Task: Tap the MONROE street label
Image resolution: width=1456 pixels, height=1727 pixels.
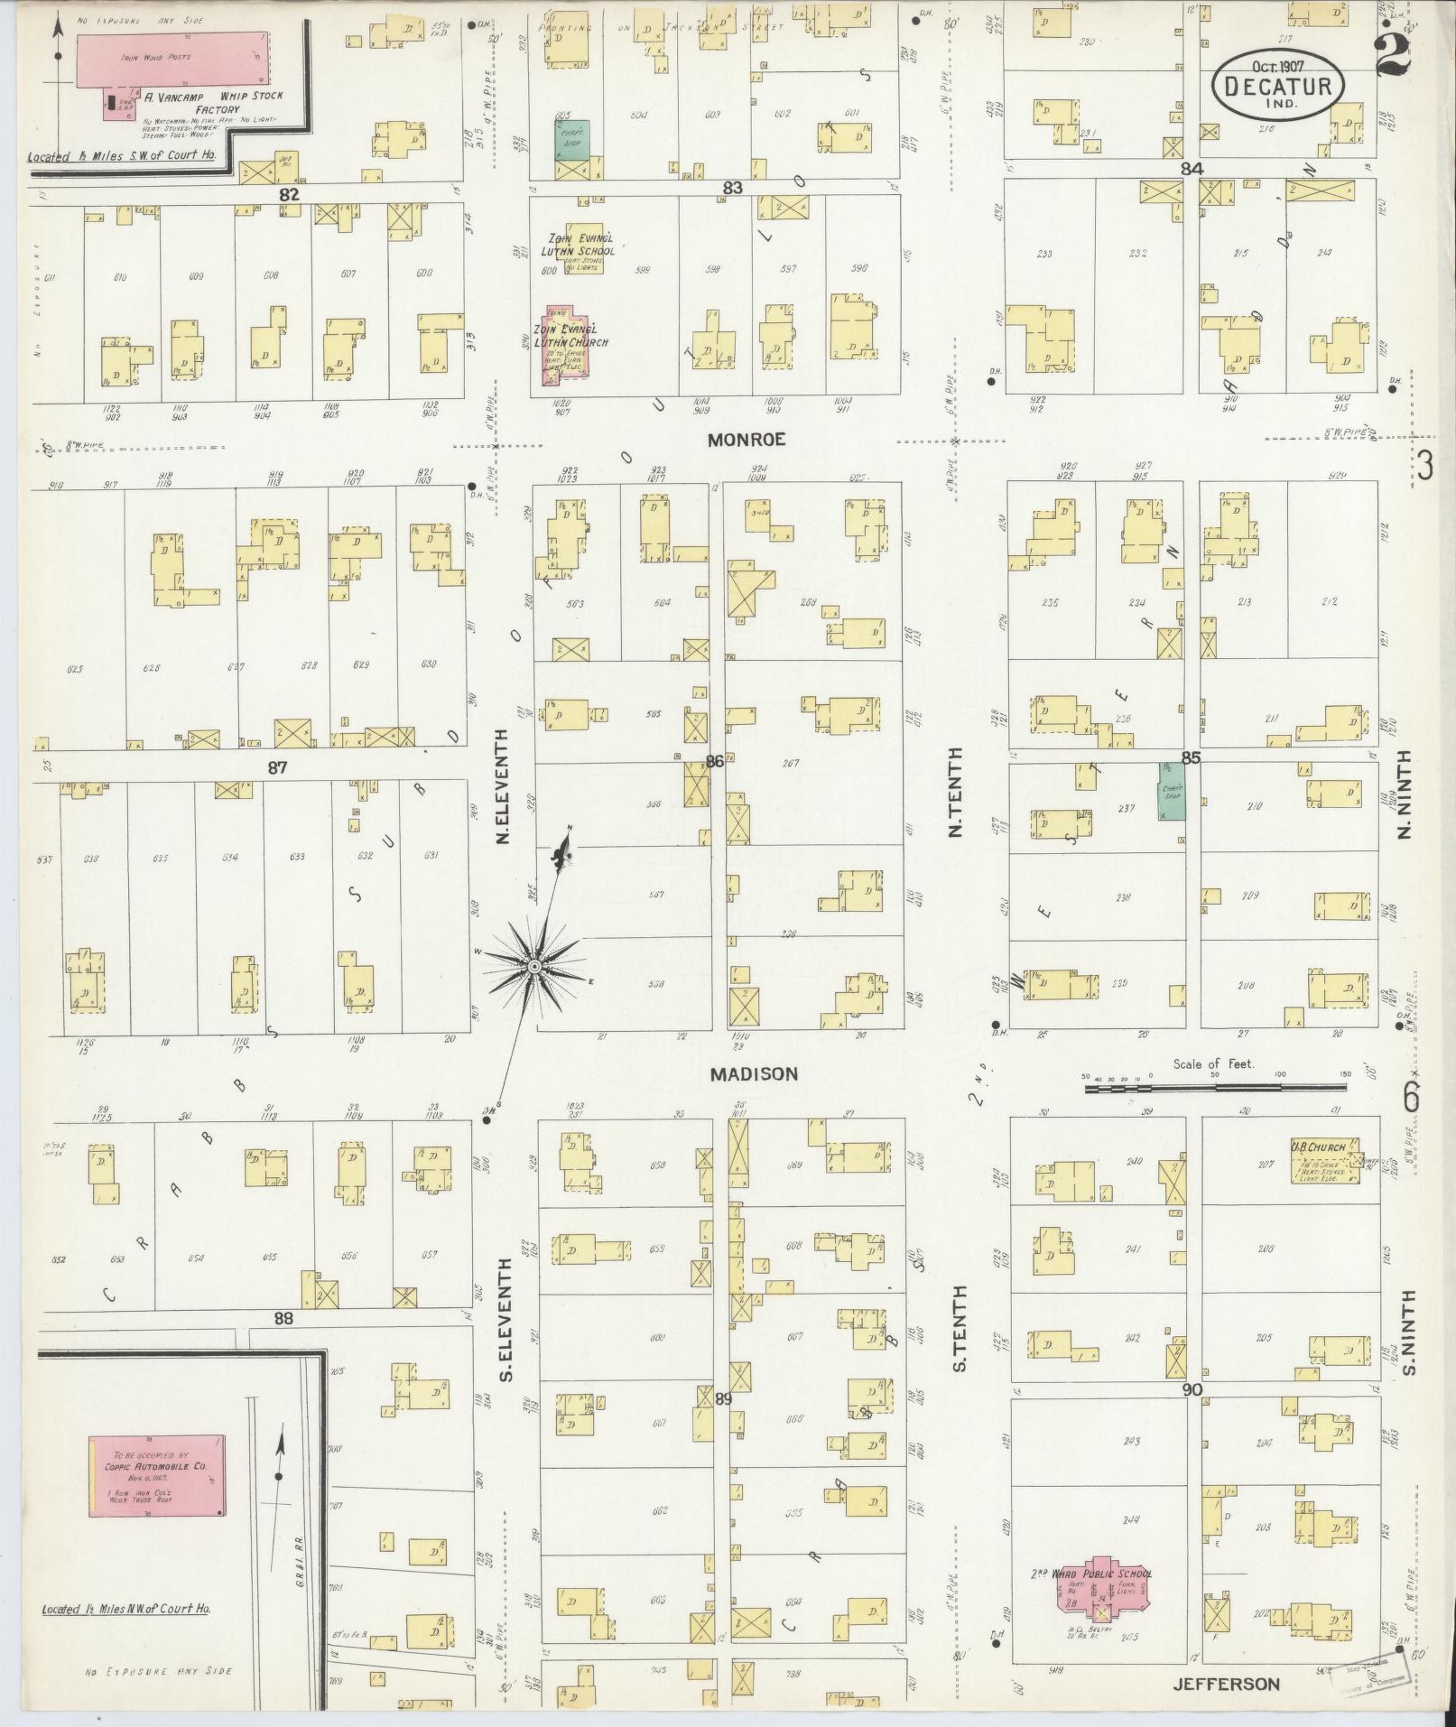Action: (747, 440)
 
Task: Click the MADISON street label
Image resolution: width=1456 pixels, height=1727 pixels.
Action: (754, 1074)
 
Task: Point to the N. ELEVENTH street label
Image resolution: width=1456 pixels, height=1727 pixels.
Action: (503, 786)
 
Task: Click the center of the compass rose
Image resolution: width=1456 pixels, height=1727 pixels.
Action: (534, 967)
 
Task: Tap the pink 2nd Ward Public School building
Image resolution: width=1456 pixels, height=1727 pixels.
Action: (1103, 1587)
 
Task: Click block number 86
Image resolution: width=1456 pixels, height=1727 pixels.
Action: (714, 761)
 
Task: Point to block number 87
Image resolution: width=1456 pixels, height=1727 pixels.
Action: (276, 767)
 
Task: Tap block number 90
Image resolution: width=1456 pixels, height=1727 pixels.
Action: (1192, 1389)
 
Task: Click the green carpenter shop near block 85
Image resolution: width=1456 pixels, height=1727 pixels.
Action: (1171, 792)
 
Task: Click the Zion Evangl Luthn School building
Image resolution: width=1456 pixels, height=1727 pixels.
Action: (583, 249)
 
